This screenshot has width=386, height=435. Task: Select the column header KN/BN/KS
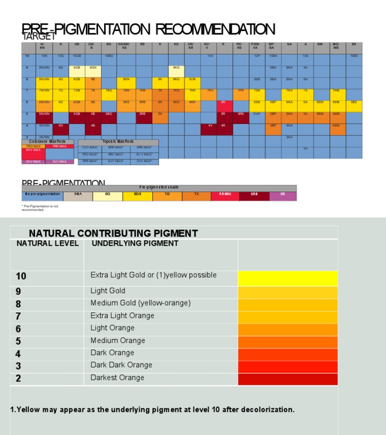tap(124, 46)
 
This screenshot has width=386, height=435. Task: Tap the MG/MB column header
tap(336, 46)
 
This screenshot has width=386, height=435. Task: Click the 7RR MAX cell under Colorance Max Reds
tap(60, 147)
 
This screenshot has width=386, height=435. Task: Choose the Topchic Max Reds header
tap(118, 142)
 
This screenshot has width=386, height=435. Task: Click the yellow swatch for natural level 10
tap(287, 279)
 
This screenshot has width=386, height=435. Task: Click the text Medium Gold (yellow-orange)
tap(140, 303)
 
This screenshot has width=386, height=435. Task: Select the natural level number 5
tap(19, 341)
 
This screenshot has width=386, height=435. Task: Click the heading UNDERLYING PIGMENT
tap(135, 244)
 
